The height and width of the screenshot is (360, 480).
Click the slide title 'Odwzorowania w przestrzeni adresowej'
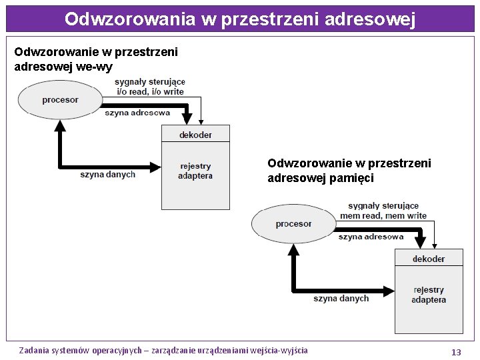click(x=240, y=19)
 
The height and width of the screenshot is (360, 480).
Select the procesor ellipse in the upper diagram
click(x=59, y=100)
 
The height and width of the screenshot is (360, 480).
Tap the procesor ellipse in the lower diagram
click(x=293, y=224)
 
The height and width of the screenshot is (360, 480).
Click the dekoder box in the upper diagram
click(x=195, y=134)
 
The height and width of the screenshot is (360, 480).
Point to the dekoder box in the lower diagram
click(x=429, y=259)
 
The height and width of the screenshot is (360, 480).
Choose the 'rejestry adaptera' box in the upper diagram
click(x=195, y=171)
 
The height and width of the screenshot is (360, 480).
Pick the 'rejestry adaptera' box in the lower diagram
click(x=429, y=295)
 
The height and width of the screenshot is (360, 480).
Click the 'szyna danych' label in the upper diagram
click(x=107, y=175)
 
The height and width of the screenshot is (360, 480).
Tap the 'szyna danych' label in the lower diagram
click(x=341, y=299)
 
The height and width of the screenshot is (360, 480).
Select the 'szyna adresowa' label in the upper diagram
click(x=137, y=113)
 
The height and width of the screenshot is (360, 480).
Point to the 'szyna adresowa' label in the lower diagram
click(x=371, y=237)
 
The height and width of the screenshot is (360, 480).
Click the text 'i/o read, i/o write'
click(x=150, y=91)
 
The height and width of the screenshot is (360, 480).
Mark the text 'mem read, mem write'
click(x=383, y=215)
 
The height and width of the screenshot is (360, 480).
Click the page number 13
click(x=456, y=352)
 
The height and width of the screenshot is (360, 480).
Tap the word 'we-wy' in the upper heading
click(x=97, y=67)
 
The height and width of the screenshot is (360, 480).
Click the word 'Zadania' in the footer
click(x=34, y=350)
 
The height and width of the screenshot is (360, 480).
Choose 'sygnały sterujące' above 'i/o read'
click(x=150, y=82)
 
